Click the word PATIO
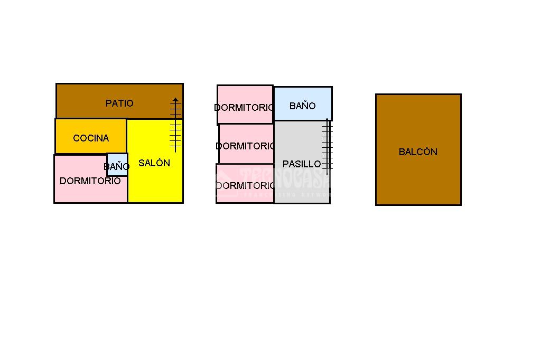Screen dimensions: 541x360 tap(119, 103)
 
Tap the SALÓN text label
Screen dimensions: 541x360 tap(154, 163)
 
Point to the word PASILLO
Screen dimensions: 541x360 tap(302, 164)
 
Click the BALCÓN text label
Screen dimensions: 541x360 tap(418, 152)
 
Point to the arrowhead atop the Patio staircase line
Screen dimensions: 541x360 tap(175, 99)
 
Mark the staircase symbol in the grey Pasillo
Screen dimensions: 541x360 tap(328, 148)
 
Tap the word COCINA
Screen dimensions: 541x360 tap(91, 138)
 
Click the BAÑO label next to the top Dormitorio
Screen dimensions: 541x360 tap(303, 106)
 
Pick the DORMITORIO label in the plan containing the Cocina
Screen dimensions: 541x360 tap(90, 181)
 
